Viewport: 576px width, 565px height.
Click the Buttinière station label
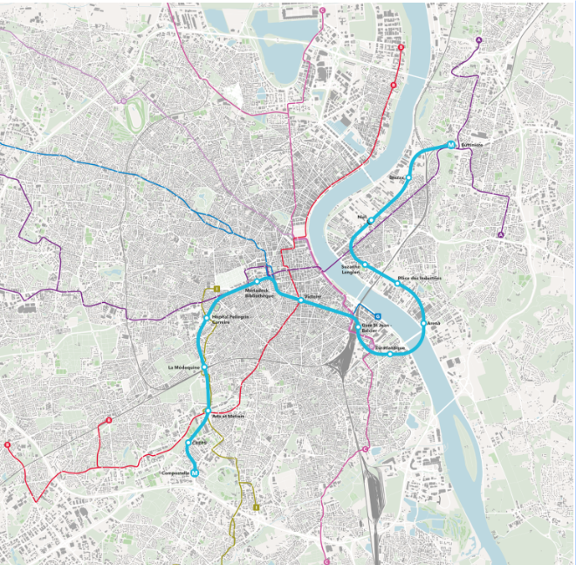pos(472,144)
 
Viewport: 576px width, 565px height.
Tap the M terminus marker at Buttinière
pos(451,145)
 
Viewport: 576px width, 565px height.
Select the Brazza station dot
pos(408,178)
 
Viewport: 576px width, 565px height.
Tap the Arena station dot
pos(424,324)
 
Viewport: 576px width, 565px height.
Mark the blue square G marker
pos(377,316)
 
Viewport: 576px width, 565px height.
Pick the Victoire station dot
pos(300,300)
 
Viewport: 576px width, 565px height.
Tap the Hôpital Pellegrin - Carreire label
pos(226,320)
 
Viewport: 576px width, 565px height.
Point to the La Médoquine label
pos(185,368)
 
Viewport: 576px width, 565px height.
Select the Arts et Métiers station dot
pos(209,411)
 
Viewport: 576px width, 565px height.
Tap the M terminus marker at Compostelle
pos(195,473)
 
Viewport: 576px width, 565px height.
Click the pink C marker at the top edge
pos(323,10)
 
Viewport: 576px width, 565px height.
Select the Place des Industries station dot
pos(398,284)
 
